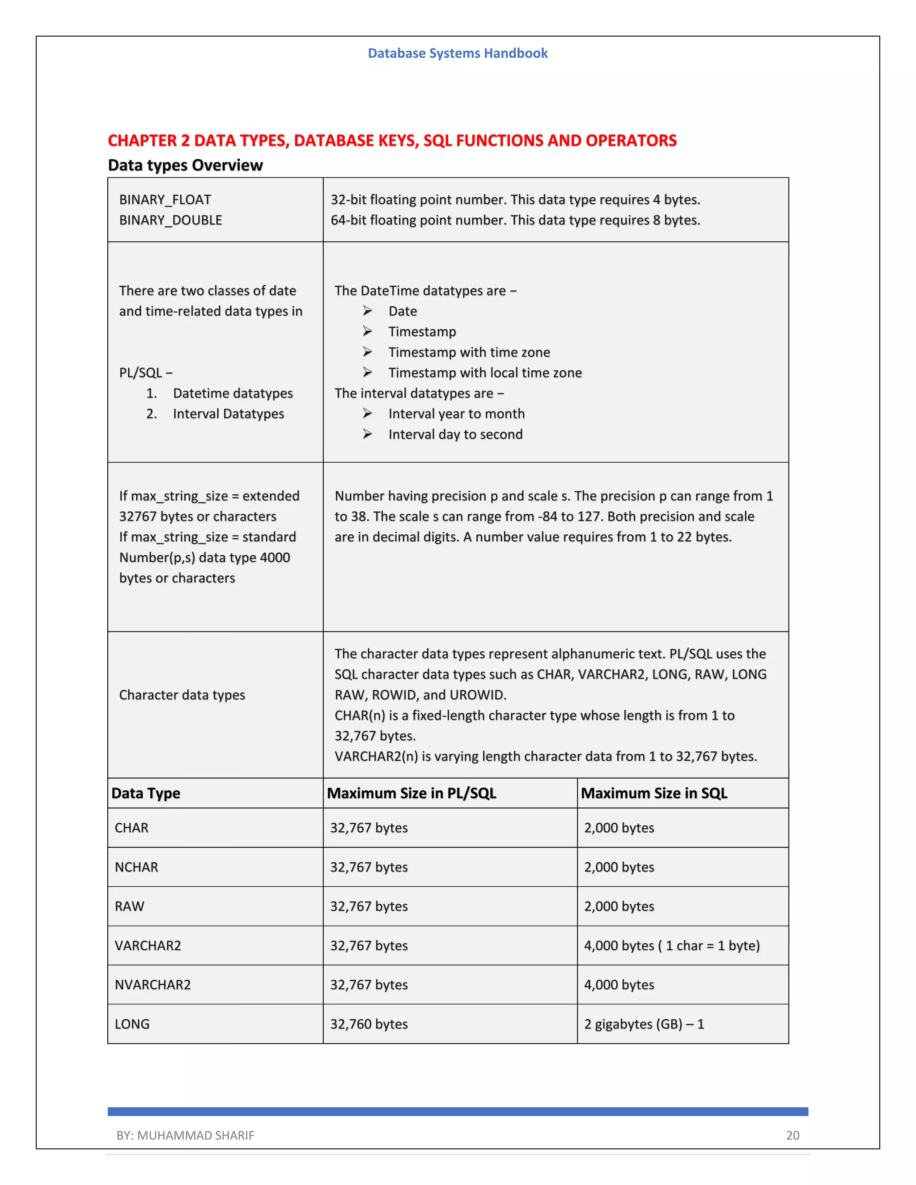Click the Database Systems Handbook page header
point(458,53)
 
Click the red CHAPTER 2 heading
point(392,140)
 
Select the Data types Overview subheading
point(185,165)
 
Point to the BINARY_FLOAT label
point(165,200)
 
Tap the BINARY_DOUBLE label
point(170,220)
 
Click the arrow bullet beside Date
point(367,311)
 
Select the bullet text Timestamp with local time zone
point(484,373)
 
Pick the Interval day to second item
point(455,435)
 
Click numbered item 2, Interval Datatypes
point(228,414)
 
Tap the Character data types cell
point(182,695)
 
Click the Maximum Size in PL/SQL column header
point(411,793)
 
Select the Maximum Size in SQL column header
point(653,793)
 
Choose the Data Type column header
point(145,793)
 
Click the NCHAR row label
point(136,867)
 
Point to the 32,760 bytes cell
point(369,1024)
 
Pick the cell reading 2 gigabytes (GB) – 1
point(644,1024)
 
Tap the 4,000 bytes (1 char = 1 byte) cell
point(671,946)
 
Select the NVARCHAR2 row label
point(153,985)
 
